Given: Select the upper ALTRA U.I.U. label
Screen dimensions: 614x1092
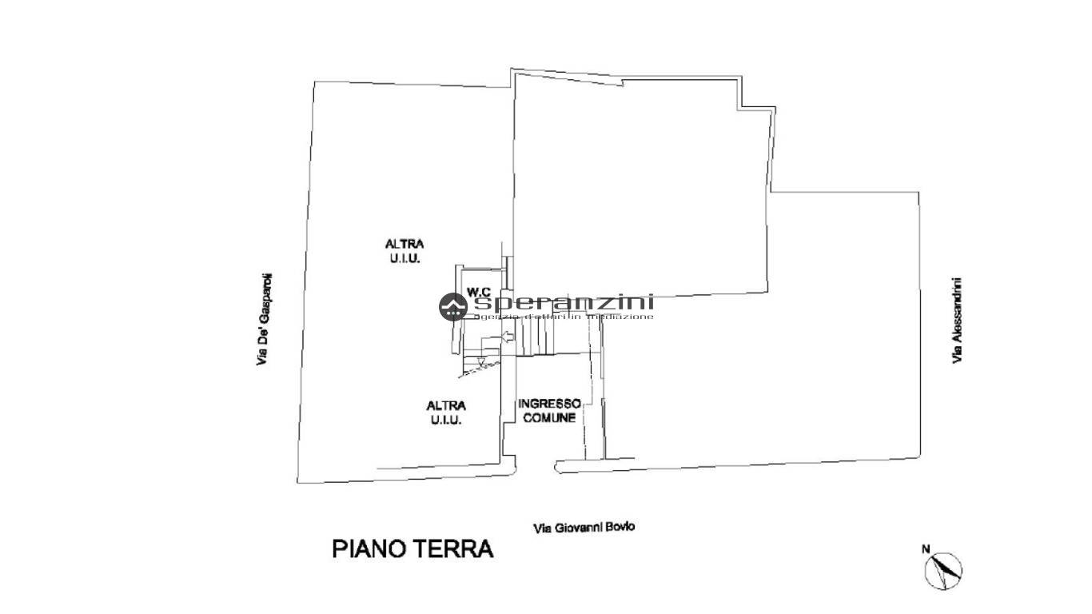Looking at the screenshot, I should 405,251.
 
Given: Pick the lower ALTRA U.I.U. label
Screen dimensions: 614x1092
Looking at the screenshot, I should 445,413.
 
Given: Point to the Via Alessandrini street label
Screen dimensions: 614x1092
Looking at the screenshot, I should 956,321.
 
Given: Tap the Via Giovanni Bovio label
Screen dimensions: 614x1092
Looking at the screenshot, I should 584,528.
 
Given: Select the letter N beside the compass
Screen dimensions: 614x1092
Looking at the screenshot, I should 926,548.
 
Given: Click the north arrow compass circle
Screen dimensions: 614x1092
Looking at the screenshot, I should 944,570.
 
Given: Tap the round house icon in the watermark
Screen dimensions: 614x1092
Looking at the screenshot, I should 453,307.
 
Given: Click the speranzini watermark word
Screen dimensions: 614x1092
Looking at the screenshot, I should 564,302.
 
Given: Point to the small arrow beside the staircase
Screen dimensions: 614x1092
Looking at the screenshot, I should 506,341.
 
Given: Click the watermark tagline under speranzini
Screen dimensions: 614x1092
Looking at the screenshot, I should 564,317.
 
